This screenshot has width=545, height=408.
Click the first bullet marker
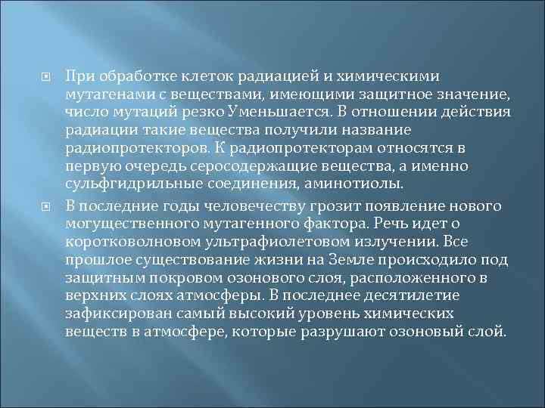[45, 76]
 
